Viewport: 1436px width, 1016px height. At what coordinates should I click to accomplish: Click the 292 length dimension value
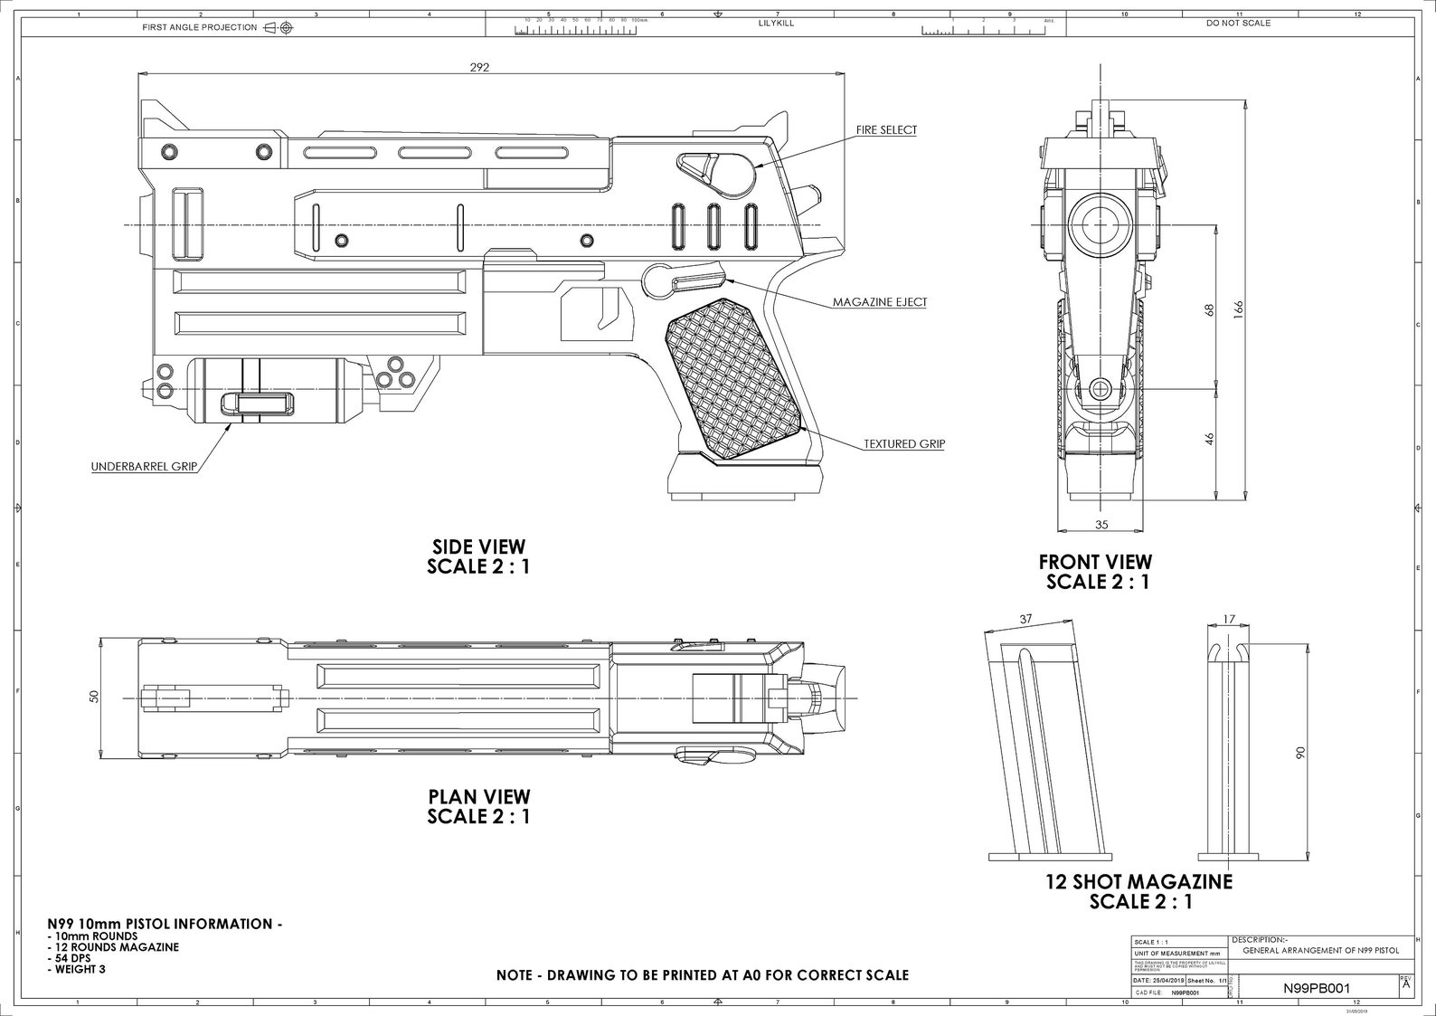[479, 67]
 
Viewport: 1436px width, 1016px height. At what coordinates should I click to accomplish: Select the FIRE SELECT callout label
[886, 130]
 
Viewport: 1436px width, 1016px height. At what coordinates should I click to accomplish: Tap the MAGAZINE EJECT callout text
[879, 302]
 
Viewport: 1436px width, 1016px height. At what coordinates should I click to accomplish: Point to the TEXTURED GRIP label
[903, 444]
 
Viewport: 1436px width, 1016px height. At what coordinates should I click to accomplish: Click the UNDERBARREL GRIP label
[144, 468]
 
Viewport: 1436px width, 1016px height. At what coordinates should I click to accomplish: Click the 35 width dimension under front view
[1101, 525]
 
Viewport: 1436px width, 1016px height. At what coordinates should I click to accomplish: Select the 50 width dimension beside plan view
[94, 695]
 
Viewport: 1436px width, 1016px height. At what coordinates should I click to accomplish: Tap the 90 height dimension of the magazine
[1300, 752]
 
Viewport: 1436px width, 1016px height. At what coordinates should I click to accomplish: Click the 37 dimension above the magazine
[1025, 620]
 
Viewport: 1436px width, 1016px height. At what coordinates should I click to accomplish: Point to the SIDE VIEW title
[478, 546]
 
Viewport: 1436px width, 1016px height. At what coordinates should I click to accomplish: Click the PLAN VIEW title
[478, 796]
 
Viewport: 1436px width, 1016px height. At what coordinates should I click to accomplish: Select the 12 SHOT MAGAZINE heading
[1139, 881]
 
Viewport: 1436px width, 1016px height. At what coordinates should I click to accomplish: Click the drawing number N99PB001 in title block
[1316, 989]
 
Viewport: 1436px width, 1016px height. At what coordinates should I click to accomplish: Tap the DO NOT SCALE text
[1238, 23]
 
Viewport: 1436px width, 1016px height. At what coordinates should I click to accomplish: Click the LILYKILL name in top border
[776, 23]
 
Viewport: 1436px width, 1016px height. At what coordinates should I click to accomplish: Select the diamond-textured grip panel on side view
[732, 380]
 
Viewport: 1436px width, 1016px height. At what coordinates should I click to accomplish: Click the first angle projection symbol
[279, 28]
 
